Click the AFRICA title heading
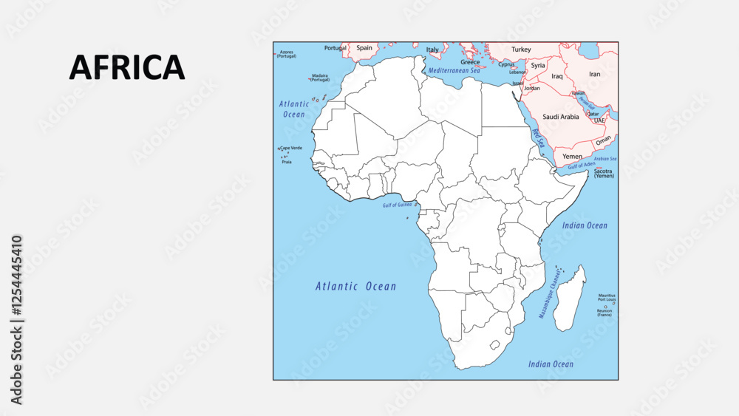[x=126, y=67]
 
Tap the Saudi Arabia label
[x=561, y=117]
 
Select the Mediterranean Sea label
[x=454, y=70]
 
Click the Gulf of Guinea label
[x=398, y=205]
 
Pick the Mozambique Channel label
[x=550, y=293]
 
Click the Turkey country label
[x=521, y=50]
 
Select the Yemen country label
[x=572, y=157]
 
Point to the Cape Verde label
[x=291, y=148]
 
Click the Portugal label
[x=335, y=48]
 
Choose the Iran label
[x=595, y=74]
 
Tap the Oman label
[x=604, y=140]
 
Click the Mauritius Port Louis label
[x=607, y=297]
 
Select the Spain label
[x=364, y=48]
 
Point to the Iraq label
[x=557, y=76]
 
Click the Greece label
[x=470, y=62]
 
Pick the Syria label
[x=538, y=65]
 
